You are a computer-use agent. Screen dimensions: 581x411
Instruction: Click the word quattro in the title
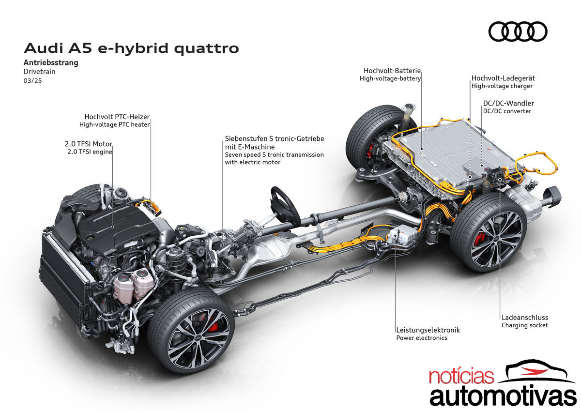point(206,49)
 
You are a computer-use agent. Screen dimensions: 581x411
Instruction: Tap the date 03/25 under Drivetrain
point(33,81)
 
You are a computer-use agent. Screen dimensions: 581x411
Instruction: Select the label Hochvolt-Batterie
point(392,71)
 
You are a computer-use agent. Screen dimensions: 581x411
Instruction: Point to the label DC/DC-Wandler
point(508,103)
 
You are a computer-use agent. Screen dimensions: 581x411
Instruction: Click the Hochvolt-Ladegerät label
point(503,78)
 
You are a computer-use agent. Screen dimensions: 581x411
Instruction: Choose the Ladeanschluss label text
point(525,318)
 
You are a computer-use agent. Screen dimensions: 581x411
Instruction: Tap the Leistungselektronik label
point(428,330)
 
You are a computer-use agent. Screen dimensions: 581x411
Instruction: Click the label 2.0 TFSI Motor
point(89,144)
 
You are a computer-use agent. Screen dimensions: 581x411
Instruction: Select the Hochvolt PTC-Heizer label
point(117,117)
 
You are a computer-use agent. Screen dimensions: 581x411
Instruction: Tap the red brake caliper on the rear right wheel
point(480,239)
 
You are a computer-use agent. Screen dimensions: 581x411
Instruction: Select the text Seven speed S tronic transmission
point(274,155)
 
